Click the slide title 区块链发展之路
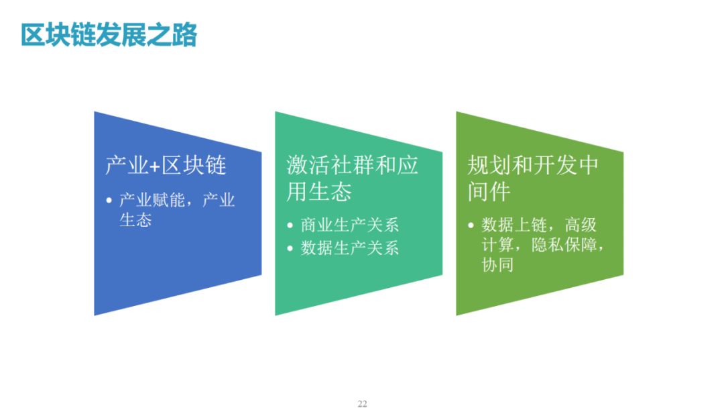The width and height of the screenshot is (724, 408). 109,35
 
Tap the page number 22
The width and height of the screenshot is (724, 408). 362,404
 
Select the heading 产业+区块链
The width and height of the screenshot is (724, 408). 166,165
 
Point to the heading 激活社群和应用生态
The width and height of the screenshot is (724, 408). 353,178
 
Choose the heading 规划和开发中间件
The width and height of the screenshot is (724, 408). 533,178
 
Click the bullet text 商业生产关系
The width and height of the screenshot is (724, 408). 349,225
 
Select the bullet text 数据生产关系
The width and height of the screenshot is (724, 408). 349,248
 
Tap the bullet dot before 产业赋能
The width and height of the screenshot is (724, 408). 109,201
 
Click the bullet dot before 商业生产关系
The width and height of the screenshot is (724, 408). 290,225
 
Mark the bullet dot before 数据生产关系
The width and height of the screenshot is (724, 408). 290,248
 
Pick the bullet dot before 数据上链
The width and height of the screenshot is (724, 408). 471,225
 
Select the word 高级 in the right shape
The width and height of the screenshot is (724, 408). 581,225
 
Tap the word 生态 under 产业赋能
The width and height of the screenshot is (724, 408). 135,220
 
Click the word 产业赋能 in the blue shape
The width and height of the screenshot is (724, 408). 152,200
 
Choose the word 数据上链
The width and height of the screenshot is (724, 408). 514,225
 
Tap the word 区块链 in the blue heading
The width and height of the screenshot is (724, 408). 194,165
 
